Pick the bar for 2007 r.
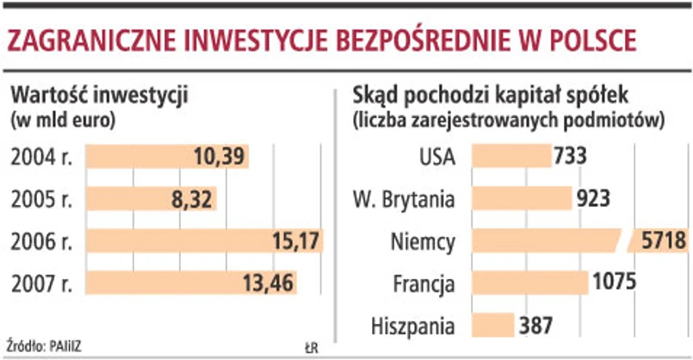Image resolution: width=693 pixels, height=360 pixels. [155, 282]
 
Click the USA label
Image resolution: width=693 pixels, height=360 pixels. [438, 157]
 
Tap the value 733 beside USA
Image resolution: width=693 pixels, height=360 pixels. [571, 157]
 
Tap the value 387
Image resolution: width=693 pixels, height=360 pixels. [535, 326]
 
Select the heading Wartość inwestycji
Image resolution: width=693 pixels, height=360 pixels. [98, 93]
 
